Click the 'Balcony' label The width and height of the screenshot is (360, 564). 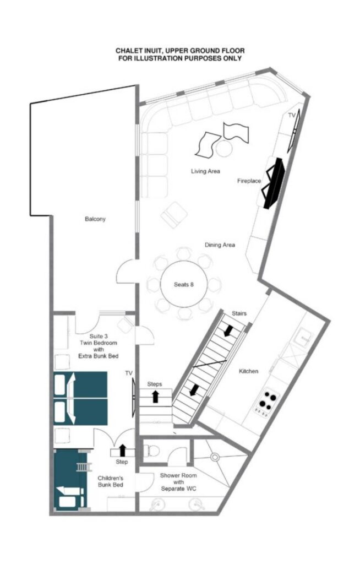95,219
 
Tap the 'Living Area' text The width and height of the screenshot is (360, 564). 205,171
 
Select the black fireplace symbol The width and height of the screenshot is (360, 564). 274,183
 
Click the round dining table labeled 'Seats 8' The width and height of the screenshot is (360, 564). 184,284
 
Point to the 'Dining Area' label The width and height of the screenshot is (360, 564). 220,245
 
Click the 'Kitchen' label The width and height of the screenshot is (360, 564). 248,371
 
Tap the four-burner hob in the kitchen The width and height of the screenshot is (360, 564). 266,403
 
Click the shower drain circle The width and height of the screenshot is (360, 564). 215,457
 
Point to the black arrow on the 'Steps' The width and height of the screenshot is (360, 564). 155,397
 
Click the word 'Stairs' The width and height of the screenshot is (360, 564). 239,313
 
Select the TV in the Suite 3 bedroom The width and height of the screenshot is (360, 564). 134,398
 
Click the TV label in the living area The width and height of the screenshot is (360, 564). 292,115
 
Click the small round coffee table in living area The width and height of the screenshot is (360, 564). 224,148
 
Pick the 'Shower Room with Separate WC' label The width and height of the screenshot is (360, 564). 178,482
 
